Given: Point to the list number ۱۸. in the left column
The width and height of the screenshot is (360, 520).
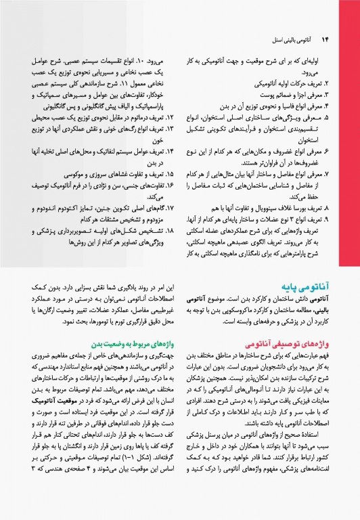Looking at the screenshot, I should tap(171, 229).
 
